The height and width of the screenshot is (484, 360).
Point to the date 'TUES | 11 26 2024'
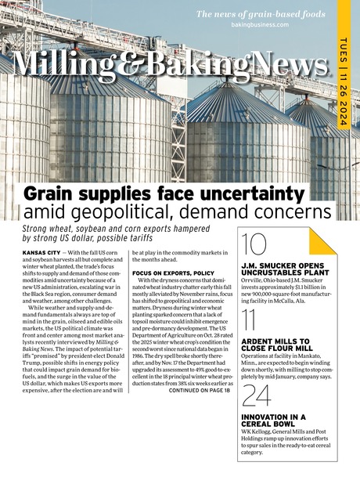(x=344, y=78)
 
